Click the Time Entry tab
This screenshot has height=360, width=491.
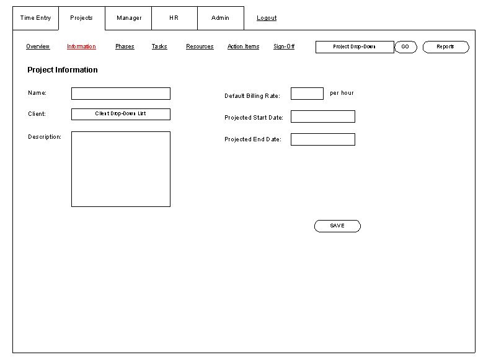[x=35, y=18]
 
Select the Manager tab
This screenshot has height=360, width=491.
[x=128, y=18]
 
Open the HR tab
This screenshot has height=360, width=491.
[x=174, y=18]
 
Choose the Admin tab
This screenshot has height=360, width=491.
[x=221, y=18]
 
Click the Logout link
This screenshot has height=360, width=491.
[x=267, y=18]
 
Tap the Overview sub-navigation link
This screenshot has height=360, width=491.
[x=38, y=46]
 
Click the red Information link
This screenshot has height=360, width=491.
[x=81, y=46]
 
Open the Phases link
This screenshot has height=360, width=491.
[x=125, y=46]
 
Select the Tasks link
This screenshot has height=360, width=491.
[x=159, y=46]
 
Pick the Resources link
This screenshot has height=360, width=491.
[x=200, y=46]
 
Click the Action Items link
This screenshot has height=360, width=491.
[x=243, y=46]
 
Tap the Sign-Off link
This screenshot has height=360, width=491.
[x=284, y=46]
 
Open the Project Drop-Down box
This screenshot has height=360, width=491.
[x=355, y=47]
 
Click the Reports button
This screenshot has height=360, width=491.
[x=446, y=47]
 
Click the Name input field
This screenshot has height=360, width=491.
[x=121, y=94]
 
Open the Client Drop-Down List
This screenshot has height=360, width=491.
[x=121, y=114]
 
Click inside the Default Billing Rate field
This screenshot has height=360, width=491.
[x=307, y=94]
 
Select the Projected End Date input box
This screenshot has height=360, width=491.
[x=323, y=139]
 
